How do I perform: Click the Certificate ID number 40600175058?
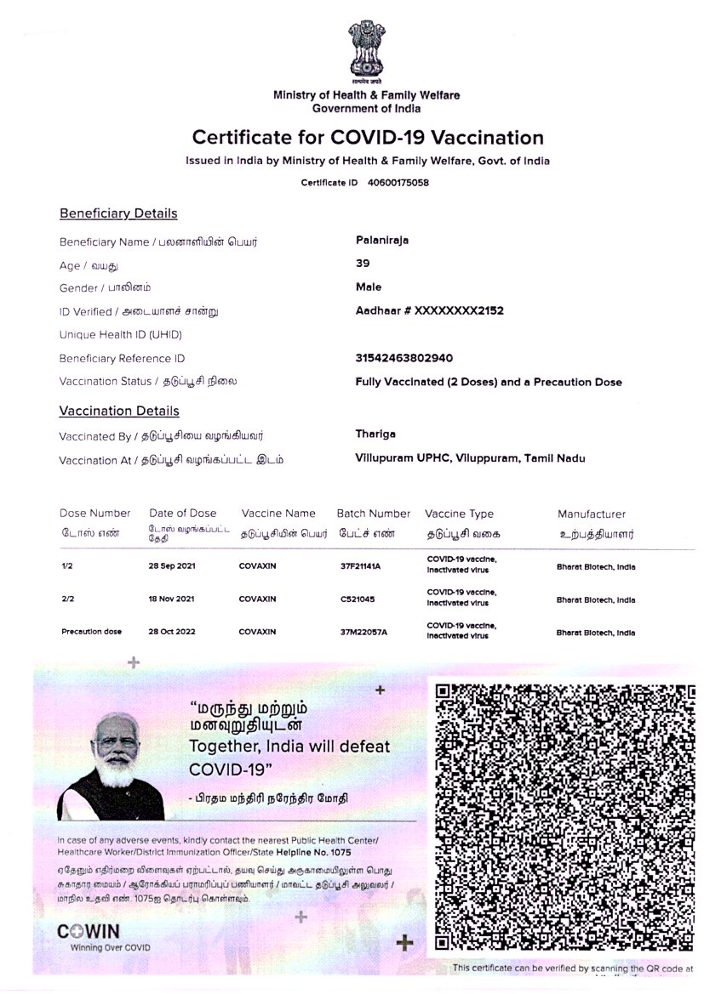tap(398, 183)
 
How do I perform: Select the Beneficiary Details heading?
tap(118, 213)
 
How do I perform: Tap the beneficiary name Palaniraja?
tap(382, 241)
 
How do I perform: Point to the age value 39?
tap(363, 264)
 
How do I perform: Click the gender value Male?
tap(369, 287)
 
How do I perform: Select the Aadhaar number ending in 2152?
tap(429, 311)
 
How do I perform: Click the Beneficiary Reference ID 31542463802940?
tap(404, 358)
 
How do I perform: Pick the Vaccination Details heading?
tap(119, 412)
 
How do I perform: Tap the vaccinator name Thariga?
tap(375, 435)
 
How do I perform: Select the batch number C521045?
tap(357, 599)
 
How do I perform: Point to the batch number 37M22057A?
tap(363, 633)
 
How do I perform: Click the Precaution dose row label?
tap(92, 633)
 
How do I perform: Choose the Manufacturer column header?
tap(592, 514)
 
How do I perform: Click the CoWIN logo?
tap(89, 931)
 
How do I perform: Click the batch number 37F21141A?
tap(360, 566)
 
